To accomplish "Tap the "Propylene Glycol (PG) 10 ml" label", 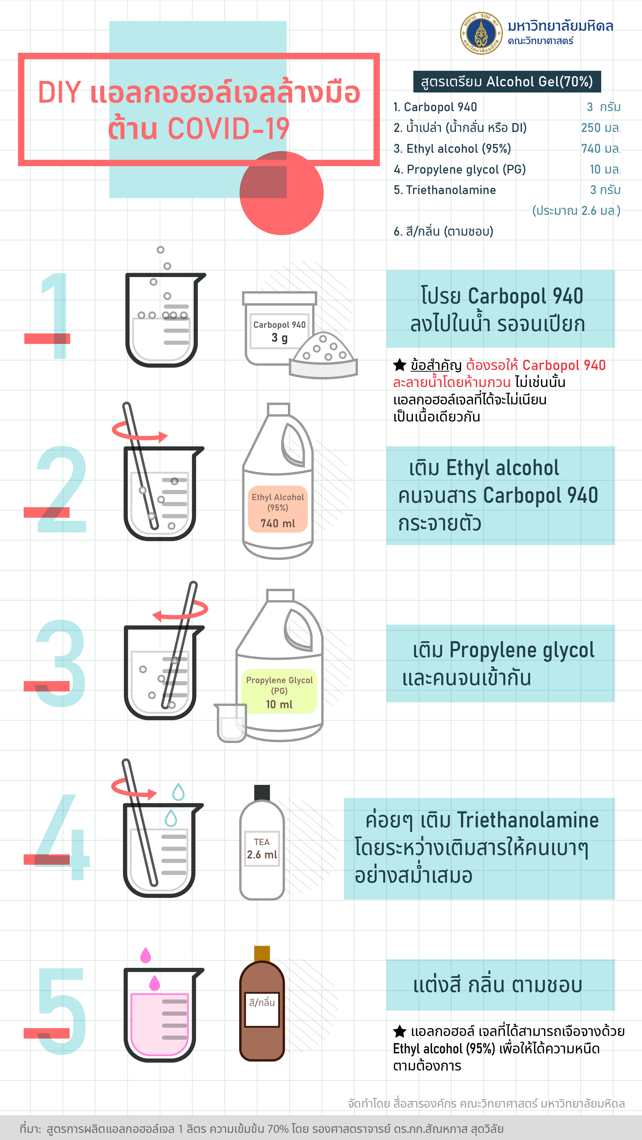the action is [279, 692].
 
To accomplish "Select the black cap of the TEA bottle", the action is [262, 793].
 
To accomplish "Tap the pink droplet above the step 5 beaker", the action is [145, 955].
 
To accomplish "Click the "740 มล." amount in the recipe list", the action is [601, 149].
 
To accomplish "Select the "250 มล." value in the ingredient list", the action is [601, 128].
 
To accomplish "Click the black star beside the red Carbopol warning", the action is [400, 365].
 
